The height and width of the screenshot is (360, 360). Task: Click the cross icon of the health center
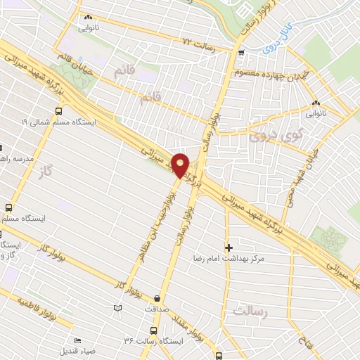229,247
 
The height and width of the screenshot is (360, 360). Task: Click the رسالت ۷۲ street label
197,43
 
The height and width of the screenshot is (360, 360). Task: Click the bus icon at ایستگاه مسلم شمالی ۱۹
58,110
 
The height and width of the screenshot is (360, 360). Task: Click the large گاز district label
47,172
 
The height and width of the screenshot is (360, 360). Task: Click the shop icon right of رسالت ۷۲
241,53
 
